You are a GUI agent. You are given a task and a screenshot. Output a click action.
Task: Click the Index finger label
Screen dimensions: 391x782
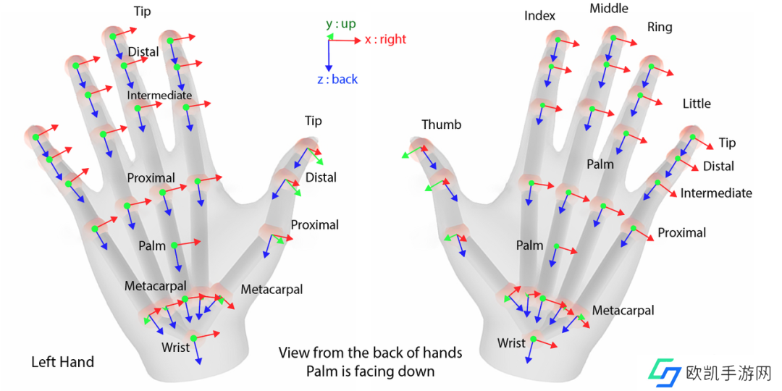click(x=539, y=16)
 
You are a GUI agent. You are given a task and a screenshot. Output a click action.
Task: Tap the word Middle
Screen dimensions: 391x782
click(x=609, y=9)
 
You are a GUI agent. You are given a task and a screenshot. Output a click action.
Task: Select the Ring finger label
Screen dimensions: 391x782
click(x=659, y=28)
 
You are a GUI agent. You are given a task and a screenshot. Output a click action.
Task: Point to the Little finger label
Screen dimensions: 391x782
click(x=697, y=104)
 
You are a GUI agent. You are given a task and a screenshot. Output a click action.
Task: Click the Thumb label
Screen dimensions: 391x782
click(x=441, y=125)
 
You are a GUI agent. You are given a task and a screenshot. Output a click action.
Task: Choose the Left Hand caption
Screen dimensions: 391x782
click(x=62, y=361)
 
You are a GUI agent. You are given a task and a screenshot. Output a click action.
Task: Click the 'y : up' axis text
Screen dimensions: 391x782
click(x=340, y=24)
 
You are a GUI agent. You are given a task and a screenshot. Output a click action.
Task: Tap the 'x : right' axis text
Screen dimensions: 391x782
click(x=385, y=40)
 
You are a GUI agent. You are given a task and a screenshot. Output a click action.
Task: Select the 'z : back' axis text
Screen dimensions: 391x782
click(x=337, y=79)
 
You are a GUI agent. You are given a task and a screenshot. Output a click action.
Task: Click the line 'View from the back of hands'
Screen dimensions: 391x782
click(x=370, y=353)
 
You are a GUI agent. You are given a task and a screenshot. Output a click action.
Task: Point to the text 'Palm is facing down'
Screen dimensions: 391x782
click(x=370, y=371)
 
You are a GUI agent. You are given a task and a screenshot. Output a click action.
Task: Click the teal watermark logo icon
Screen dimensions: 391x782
click(x=663, y=372)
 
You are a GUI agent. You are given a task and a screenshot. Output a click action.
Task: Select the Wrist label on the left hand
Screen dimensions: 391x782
click(x=175, y=348)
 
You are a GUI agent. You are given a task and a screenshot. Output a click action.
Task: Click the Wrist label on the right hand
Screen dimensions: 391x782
click(x=511, y=342)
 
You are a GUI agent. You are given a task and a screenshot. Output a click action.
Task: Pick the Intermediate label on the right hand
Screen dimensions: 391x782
click(x=716, y=193)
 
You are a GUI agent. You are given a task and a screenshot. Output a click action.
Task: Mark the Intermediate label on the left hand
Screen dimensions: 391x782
click(x=159, y=96)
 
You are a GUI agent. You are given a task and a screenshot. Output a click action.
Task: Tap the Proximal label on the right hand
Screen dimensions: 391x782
click(x=681, y=232)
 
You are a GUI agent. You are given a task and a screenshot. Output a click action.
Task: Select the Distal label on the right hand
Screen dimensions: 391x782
click(x=718, y=166)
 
